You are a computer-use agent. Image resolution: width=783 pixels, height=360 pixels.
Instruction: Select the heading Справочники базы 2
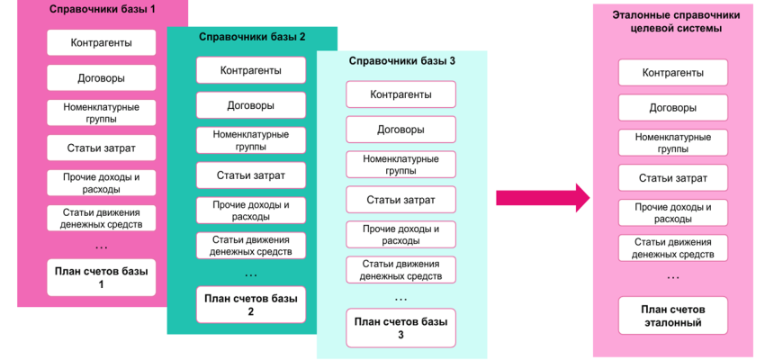[x=252, y=37]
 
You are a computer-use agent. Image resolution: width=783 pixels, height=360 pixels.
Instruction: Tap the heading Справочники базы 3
[x=401, y=62]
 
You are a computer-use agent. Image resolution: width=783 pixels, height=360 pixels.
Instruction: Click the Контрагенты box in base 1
[x=102, y=42]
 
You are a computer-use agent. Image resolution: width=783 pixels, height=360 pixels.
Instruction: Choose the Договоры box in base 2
[x=251, y=105]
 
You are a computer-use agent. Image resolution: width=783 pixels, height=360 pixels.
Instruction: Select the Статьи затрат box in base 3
[x=401, y=199]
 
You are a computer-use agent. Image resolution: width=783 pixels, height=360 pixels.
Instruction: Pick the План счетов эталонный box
[x=672, y=316]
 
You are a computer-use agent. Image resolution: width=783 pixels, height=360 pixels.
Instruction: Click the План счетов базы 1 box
[x=102, y=277]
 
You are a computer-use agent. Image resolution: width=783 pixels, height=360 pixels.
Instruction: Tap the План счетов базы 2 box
[x=251, y=305]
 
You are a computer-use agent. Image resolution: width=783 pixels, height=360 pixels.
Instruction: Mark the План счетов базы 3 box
[x=401, y=328]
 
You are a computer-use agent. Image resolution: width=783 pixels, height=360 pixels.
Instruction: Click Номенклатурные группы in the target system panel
[x=672, y=143]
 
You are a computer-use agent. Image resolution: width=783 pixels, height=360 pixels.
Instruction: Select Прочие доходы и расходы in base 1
[x=102, y=183]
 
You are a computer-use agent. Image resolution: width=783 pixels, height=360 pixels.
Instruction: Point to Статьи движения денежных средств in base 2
[x=251, y=246]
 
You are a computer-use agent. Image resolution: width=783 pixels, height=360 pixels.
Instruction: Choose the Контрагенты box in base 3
[x=401, y=94]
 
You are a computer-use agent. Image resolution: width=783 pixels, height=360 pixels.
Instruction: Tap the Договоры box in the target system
[x=672, y=108]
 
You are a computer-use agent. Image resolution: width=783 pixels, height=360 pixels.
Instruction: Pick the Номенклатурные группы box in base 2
[x=251, y=139]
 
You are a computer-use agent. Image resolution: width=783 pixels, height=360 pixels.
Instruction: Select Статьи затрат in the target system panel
[x=672, y=178]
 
